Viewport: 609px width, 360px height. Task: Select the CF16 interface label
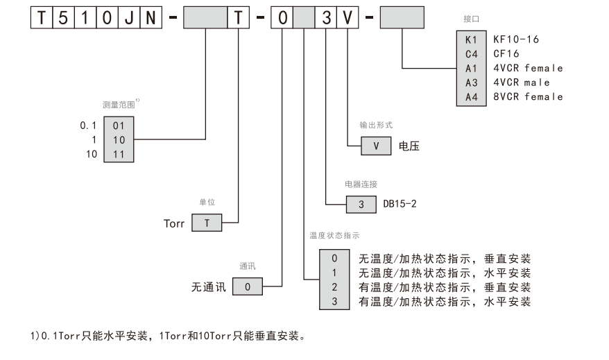507,53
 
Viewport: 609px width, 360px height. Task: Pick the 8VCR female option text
528,96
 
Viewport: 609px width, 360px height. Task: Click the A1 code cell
471,68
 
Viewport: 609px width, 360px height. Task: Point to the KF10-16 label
515,40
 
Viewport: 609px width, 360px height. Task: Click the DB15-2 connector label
400,205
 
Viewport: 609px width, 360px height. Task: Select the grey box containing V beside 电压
375,147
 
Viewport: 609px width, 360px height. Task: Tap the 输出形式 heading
376,126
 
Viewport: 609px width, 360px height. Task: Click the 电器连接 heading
361,184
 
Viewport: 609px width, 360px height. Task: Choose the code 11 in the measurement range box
118,154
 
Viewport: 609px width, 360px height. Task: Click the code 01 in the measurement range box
118,126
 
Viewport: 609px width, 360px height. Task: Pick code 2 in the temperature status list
334,286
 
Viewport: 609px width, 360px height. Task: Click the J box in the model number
130,17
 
